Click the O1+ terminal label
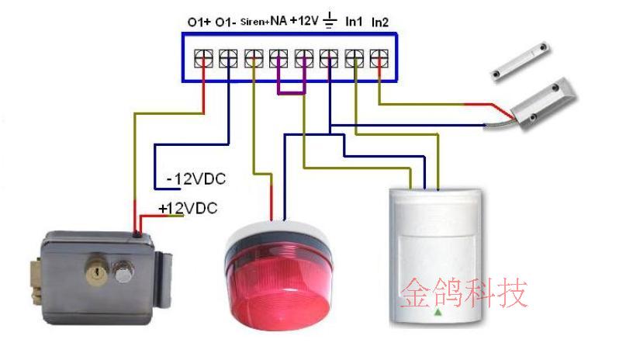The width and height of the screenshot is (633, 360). coord(199,22)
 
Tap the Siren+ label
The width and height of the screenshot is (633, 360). coord(254,22)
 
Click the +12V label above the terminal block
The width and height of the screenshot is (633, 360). coord(304,21)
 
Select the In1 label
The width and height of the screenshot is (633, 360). coord(354,21)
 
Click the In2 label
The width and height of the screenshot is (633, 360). coord(380,21)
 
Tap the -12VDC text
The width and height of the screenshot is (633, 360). coord(196,179)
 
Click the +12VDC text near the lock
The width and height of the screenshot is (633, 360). coord(187,208)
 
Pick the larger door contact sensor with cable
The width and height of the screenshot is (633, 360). coord(543,101)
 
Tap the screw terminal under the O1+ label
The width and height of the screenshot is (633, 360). coord(203,57)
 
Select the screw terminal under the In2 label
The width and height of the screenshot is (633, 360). coord(378,57)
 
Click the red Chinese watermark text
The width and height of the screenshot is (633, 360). coord(464,293)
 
